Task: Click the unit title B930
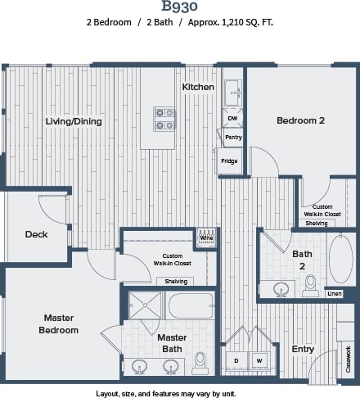179,7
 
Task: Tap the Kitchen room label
198,87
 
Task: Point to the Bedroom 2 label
300,120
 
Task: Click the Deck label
36,234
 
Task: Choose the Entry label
303,349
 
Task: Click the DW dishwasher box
232,119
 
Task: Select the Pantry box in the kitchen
232,138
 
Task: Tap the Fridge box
229,161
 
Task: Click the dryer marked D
236,360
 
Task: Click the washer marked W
259,360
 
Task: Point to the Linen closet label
335,293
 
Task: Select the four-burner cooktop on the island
164,120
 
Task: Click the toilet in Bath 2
310,284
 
